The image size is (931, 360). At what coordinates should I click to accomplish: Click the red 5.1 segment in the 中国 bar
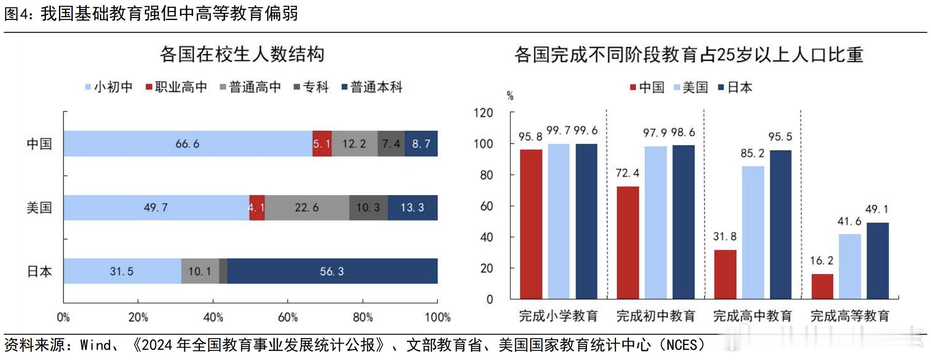[322, 144]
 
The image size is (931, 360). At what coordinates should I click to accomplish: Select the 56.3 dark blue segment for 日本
[332, 271]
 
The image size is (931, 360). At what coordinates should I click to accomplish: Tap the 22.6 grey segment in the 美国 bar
[307, 208]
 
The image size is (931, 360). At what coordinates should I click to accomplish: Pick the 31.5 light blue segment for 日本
[122, 271]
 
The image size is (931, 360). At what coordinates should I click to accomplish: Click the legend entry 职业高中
[176, 87]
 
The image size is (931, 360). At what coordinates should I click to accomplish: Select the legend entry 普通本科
[372, 87]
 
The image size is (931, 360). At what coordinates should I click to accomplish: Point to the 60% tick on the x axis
[288, 317]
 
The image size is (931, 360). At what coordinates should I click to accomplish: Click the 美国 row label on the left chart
[39, 208]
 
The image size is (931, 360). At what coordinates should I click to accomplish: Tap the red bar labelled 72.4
[628, 242]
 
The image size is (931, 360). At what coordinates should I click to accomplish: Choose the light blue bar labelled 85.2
[753, 232]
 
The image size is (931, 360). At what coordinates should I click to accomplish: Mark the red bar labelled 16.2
[822, 287]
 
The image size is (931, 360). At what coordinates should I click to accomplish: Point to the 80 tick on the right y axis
[486, 175]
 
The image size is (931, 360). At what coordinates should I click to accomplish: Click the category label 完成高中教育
[752, 316]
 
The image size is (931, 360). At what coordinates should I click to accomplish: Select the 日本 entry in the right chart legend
[735, 87]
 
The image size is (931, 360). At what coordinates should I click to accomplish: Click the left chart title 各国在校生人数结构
[242, 54]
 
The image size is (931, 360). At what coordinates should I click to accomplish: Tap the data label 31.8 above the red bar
[725, 237]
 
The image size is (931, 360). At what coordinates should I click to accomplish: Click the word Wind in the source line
[96, 345]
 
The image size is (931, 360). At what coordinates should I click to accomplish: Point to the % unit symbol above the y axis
[510, 96]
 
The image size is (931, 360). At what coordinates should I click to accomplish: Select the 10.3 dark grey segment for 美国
[368, 208]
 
